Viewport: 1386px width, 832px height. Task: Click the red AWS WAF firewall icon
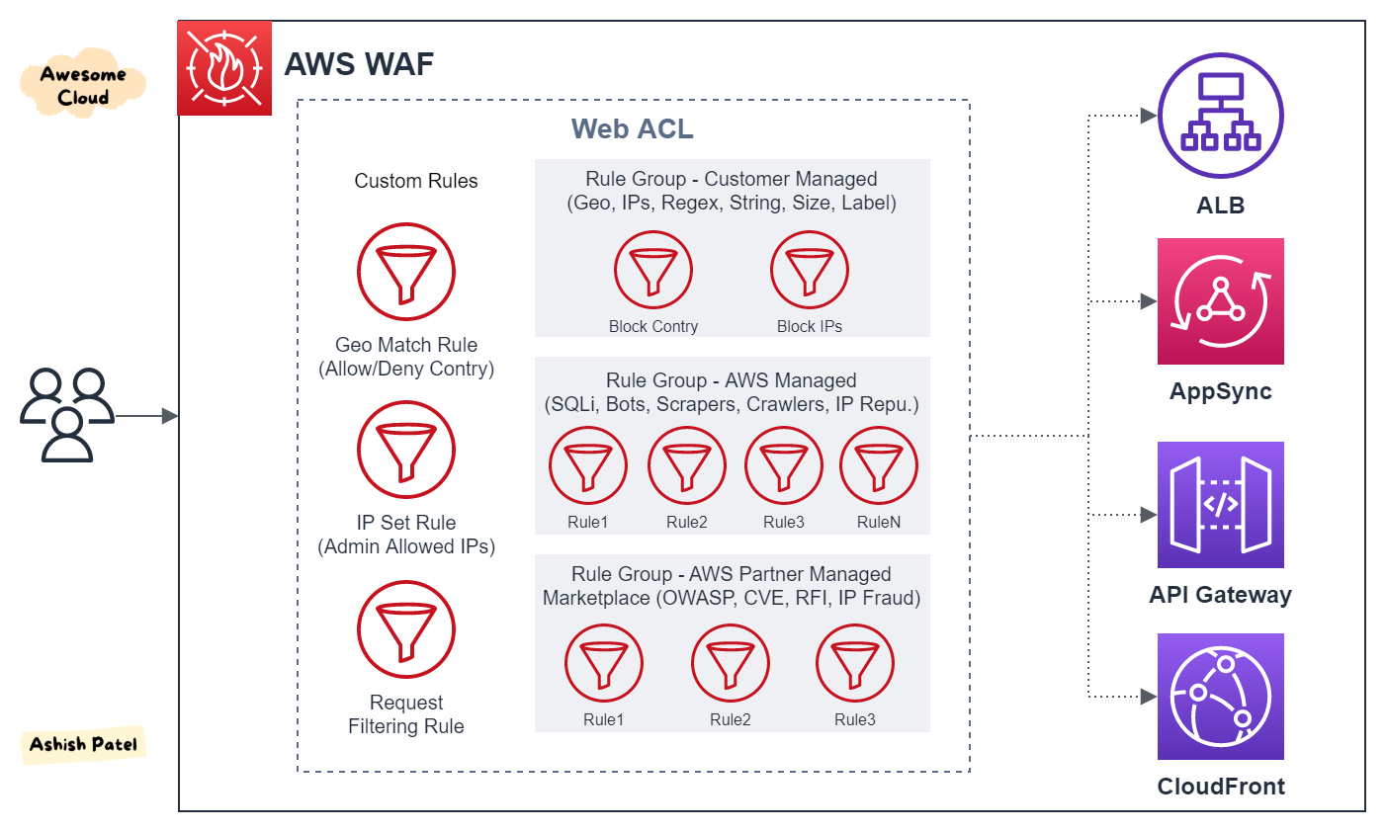coord(224,68)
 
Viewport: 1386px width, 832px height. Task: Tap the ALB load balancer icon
coord(1220,116)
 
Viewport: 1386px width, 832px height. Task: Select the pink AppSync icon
coord(1220,301)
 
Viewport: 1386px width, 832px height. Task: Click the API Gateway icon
coord(1220,505)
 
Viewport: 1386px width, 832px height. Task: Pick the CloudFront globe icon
coord(1220,697)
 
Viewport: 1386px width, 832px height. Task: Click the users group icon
coord(67,415)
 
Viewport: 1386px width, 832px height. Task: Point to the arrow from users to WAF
coord(147,416)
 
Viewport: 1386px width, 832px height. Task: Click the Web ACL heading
coord(632,128)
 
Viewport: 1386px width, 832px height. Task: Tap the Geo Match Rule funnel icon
coord(406,272)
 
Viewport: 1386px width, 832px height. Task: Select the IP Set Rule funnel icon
coord(406,450)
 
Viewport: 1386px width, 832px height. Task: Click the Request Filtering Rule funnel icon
coord(406,629)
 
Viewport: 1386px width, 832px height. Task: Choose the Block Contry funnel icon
coord(653,270)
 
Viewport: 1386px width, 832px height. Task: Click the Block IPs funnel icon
coord(810,270)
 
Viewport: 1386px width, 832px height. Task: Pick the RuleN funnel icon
coord(879,465)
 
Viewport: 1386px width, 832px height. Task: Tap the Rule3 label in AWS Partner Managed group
coord(854,719)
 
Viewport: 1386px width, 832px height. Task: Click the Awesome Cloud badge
coord(83,84)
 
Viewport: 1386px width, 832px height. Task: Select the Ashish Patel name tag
coord(83,744)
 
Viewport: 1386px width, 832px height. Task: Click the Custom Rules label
coord(416,181)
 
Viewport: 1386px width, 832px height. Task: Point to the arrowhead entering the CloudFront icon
coord(1149,697)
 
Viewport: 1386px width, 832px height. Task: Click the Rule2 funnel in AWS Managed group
coord(687,465)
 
